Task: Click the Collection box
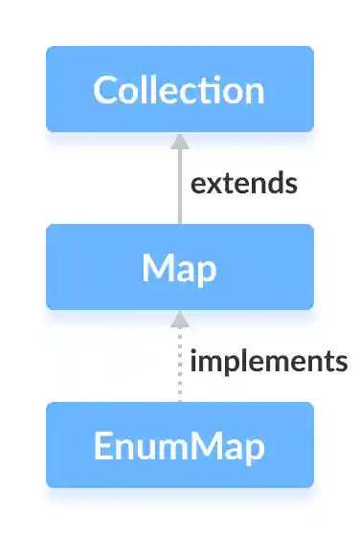(x=179, y=89)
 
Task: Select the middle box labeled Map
(x=179, y=267)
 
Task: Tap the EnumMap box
(x=179, y=445)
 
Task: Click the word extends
(x=244, y=184)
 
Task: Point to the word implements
(x=268, y=362)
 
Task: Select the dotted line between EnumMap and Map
(x=179, y=368)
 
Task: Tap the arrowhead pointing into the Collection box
(x=179, y=142)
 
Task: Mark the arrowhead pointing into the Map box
(x=179, y=319)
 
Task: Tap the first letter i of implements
(x=194, y=361)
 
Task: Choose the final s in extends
(x=290, y=185)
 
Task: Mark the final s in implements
(x=340, y=363)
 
